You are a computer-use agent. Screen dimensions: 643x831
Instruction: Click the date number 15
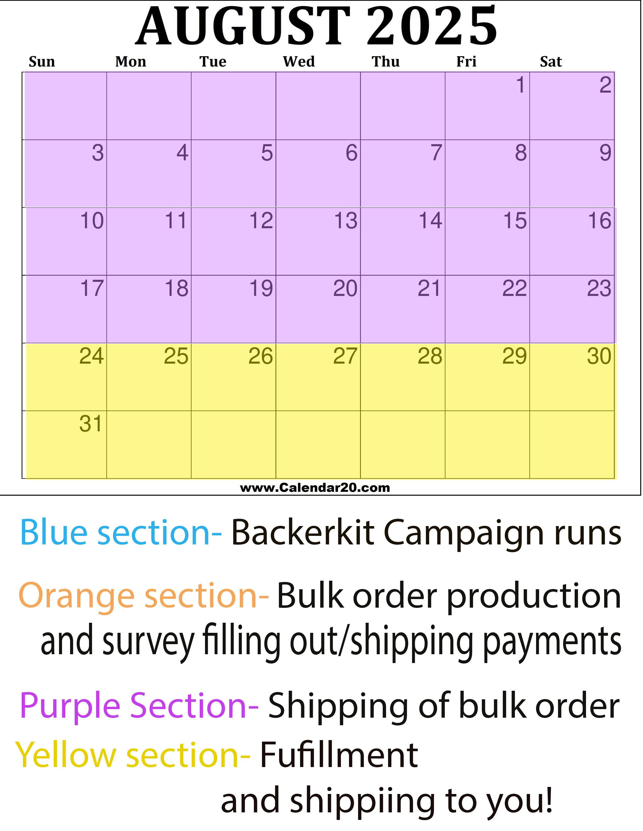[515, 221]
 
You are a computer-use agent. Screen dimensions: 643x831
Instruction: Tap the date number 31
[91, 424]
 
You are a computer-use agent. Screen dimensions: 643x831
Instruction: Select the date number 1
[521, 85]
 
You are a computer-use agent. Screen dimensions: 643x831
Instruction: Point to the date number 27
[345, 356]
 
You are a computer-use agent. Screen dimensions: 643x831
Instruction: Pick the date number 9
[605, 153]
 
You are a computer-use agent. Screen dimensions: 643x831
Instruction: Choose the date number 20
[345, 288]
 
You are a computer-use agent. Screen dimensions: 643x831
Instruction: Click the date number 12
[261, 221]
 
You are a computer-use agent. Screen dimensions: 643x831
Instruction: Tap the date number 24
[92, 356]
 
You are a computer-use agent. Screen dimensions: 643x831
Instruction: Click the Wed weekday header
[299, 62]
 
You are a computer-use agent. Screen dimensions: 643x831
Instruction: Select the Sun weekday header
[42, 62]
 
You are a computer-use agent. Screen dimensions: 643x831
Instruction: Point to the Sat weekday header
[551, 62]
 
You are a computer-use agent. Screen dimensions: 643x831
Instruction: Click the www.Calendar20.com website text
[315, 488]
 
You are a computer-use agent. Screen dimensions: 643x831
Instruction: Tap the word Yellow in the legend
[66, 756]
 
